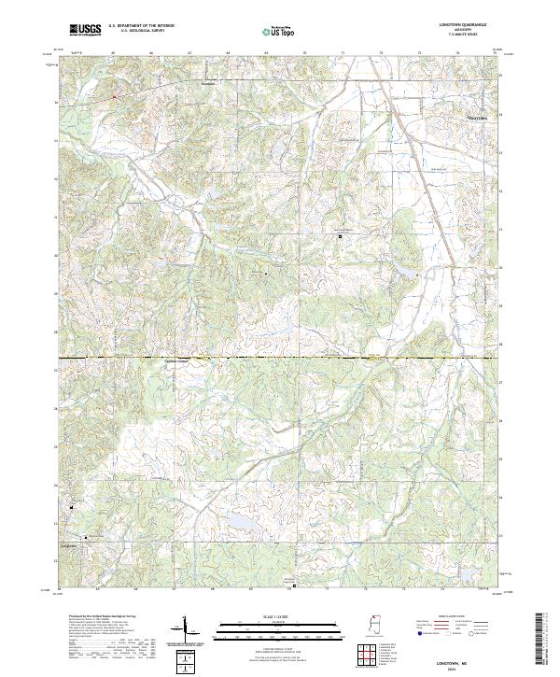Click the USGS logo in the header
pos(85,31)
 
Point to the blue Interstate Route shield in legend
pos(418,633)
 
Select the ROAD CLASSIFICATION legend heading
pos(451,617)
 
